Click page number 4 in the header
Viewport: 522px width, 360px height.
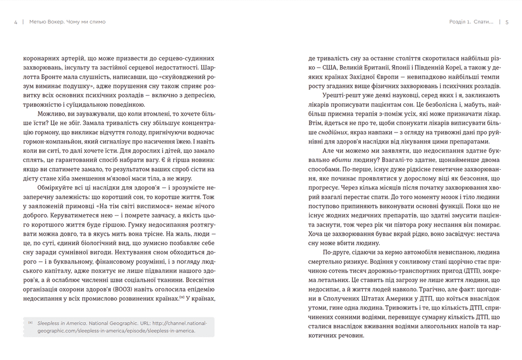[x=16, y=22]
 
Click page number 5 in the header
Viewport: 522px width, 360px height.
[x=506, y=22]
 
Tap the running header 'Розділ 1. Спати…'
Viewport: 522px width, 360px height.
[x=471, y=22]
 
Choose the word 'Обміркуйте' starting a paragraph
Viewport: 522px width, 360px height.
[x=55, y=188]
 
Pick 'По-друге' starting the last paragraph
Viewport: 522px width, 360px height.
[x=338, y=252]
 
